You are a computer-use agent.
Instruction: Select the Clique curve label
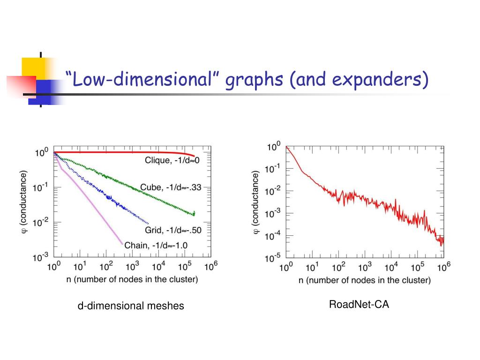(172, 160)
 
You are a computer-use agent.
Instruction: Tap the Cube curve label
(170, 187)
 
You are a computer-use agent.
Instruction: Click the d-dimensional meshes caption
(131, 306)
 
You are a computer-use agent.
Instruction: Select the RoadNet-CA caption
(359, 305)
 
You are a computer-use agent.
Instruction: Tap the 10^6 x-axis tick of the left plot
(211, 267)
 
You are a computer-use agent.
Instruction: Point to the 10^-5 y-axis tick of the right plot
(273, 257)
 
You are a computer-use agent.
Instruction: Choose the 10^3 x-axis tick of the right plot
(365, 268)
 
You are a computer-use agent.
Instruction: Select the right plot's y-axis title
(256, 202)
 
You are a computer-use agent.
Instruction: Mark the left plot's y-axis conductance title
(24, 202)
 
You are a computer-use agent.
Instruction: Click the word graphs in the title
(255, 81)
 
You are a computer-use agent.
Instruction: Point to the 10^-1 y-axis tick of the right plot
(273, 169)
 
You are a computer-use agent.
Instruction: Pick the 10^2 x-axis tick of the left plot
(106, 267)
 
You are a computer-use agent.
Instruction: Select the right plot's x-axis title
(364, 280)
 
